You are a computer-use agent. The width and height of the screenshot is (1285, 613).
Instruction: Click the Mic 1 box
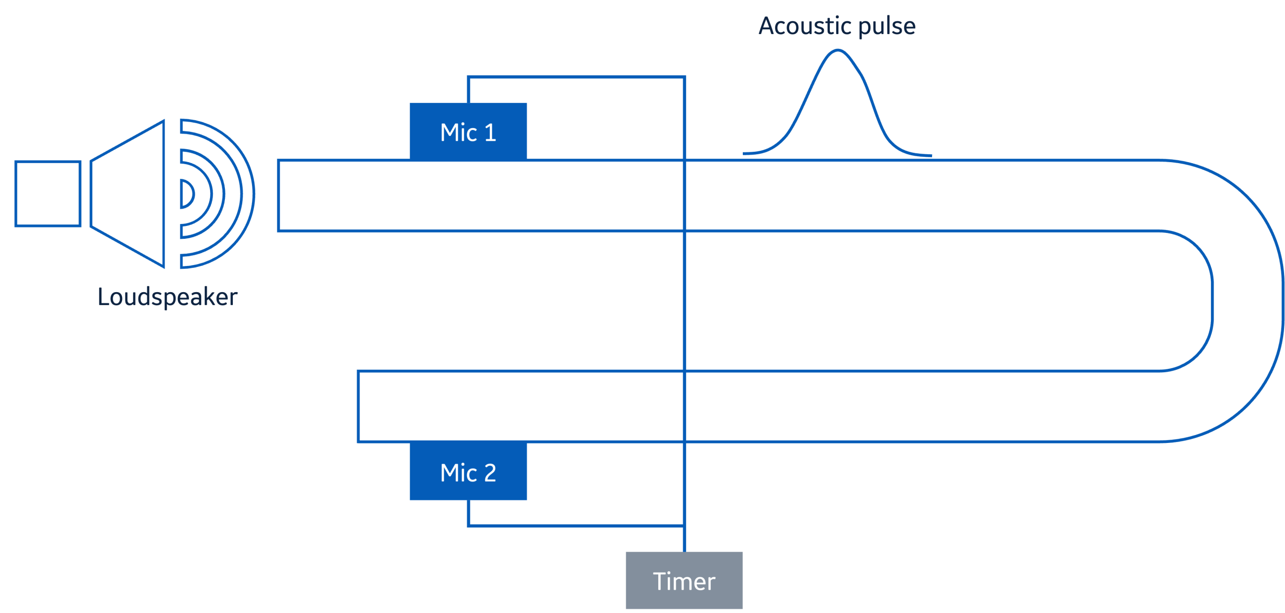pyautogui.click(x=468, y=131)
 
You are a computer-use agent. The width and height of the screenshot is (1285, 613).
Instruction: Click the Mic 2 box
pyautogui.click(x=468, y=472)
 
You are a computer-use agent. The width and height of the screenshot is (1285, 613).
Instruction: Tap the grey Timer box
pyautogui.click(x=684, y=580)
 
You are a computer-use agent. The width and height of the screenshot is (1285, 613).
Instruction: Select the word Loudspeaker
pyautogui.click(x=168, y=297)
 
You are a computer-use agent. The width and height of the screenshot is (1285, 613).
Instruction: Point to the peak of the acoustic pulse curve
pyautogui.click(x=838, y=50)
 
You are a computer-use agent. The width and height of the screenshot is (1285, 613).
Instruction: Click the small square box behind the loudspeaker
pyautogui.click(x=48, y=194)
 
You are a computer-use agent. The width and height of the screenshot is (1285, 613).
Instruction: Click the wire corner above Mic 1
pyautogui.click(x=469, y=77)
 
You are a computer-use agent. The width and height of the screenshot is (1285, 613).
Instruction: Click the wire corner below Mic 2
pyautogui.click(x=469, y=525)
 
